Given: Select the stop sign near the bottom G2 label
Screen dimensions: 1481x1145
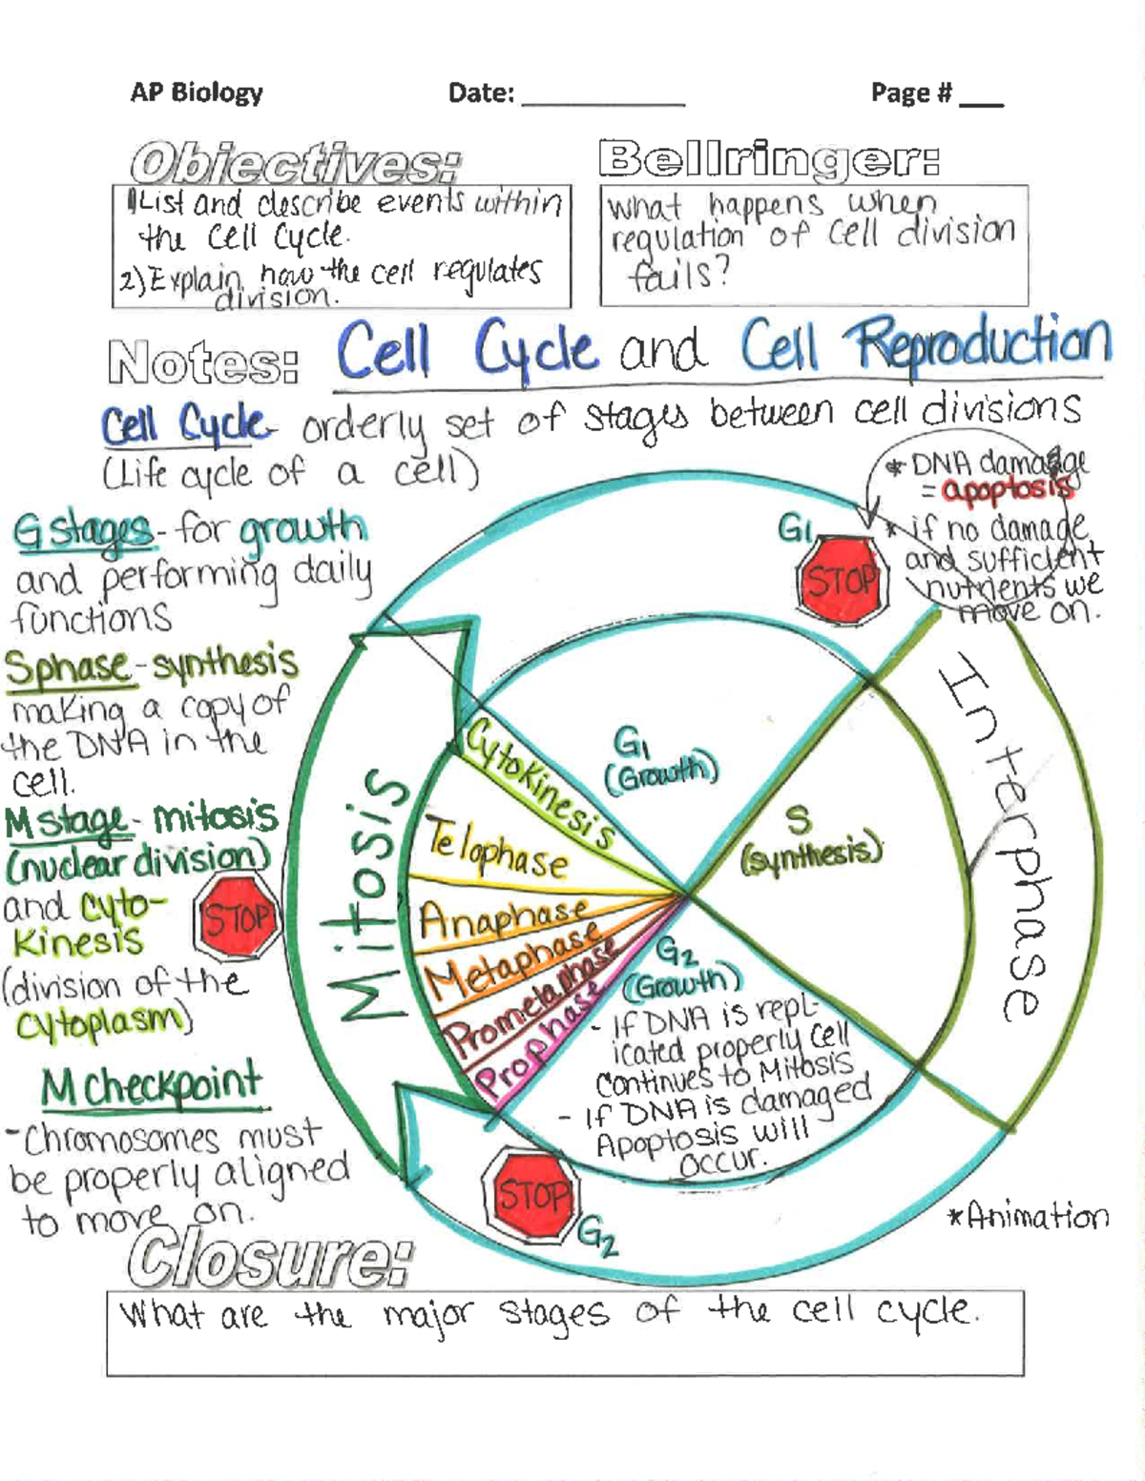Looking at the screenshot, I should coord(531,1194).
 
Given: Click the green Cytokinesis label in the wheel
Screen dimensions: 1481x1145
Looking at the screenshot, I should coord(539,785).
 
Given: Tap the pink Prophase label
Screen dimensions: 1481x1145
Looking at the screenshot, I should coord(534,1044).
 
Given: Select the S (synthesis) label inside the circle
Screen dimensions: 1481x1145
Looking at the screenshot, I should coord(809,837).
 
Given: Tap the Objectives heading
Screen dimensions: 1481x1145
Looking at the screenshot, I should coord(295,163).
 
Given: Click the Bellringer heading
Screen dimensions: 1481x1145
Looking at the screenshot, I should coord(769,159).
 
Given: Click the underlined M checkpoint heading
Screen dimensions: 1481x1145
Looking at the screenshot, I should coord(153,1086).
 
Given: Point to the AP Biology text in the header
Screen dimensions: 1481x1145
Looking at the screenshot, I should coord(197,93).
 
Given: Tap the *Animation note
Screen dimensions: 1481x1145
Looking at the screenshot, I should coord(1028,1216).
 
